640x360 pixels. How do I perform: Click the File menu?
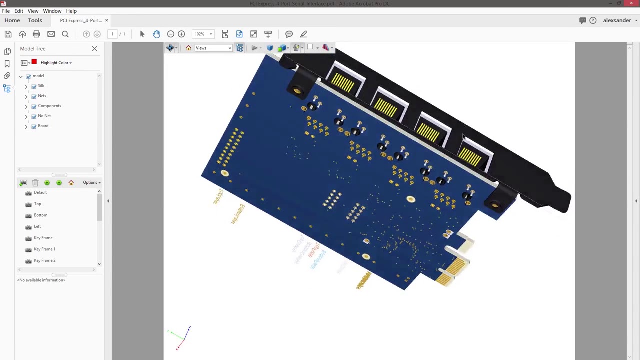tap(6, 11)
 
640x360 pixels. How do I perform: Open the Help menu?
tap(71, 11)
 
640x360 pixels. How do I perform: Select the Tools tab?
tap(35, 20)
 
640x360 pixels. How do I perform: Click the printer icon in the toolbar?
tap(36, 34)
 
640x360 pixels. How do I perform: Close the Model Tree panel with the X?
tap(94, 49)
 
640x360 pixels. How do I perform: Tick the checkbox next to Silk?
tap(34, 86)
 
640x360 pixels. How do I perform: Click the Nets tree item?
tap(42, 96)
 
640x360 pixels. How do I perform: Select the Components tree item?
tap(49, 106)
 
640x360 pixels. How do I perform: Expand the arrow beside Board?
tap(26, 126)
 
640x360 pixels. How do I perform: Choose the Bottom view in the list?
tap(40, 215)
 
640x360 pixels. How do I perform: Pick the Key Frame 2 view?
tap(44, 260)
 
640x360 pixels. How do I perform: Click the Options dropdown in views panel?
tap(91, 182)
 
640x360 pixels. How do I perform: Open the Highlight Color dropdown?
tap(56, 63)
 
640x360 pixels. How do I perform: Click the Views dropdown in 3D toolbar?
tap(213, 48)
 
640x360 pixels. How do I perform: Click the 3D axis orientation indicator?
tap(180, 337)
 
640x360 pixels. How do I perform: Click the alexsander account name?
tap(617, 20)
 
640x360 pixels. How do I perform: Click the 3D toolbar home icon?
tap(188, 48)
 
